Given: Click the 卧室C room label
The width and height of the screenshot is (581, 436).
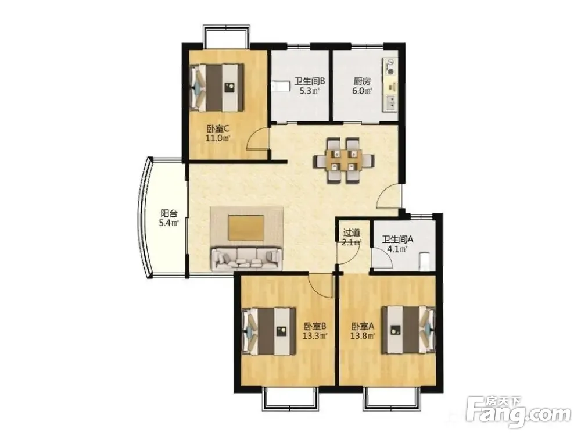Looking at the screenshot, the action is [x=218, y=129].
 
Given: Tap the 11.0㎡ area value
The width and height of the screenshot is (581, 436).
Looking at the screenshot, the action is [x=218, y=139].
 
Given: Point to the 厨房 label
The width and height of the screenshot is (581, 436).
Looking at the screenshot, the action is [x=361, y=81].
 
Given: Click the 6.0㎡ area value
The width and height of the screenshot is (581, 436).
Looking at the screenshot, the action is [x=362, y=91].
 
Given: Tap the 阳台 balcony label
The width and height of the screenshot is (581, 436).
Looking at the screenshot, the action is [x=169, y=213].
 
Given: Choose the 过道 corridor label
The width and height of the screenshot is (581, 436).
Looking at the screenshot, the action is [x=352, y=233].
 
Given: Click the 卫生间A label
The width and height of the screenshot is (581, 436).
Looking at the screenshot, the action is [x=397, y=240].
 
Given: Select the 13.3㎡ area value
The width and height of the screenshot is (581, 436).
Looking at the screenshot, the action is [x=315, y=336].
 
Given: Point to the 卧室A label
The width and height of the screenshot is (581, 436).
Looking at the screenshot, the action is [x=363, y=326].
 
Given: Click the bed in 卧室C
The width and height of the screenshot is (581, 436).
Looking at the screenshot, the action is [x=217, y=88].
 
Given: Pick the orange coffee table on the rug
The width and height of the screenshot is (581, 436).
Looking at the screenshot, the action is [x=246, y=228].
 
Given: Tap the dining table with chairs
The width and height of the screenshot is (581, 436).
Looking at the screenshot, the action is [x=343, y=160].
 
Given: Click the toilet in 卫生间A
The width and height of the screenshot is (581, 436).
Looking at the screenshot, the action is [x=425, y=262].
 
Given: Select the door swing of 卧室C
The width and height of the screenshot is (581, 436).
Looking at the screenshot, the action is [x=259, y=138].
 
